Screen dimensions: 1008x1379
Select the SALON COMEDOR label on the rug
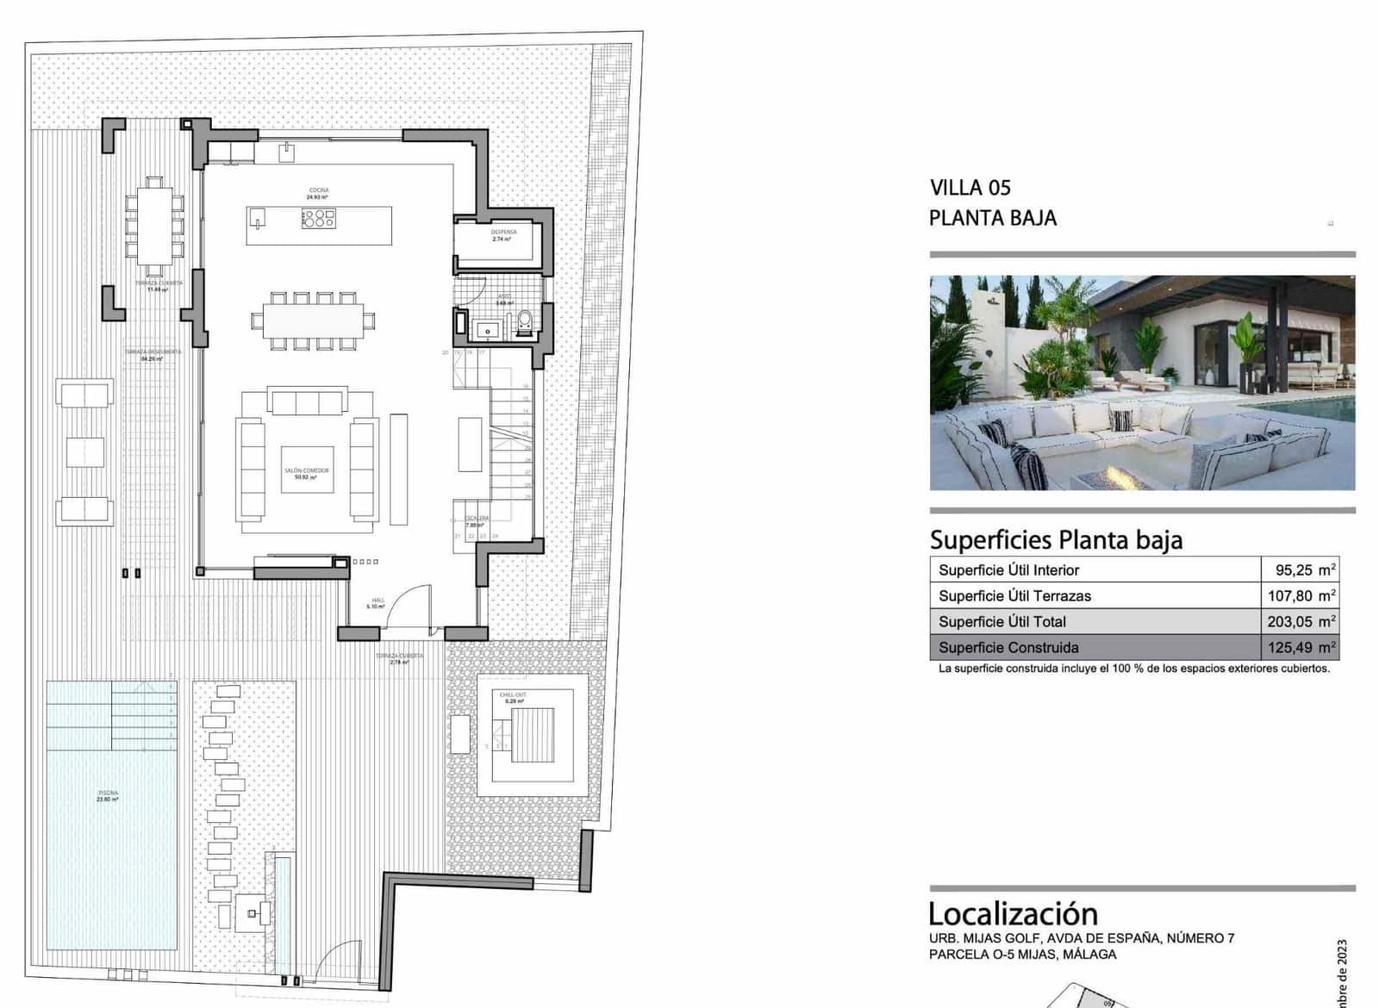click(x=307, y=473)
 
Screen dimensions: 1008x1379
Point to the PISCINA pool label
click(x=108, y=795)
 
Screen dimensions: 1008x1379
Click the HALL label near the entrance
click(x=378, y=602)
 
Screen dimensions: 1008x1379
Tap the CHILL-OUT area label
click(x=513, y=697)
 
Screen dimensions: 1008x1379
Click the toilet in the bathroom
click(x=525, y=323)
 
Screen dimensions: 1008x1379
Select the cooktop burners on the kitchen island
click(x=318, y=219)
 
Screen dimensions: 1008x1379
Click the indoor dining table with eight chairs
click(x=313, y=321)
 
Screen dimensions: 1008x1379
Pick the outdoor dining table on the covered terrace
click(x=154, y=226)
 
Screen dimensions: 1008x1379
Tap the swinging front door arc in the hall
click(x=412, y=603)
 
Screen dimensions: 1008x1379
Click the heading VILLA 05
click(x=970, y=188)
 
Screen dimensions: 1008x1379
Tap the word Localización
click(x=1013, y=913)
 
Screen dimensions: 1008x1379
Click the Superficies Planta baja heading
click(x=1056, y=540)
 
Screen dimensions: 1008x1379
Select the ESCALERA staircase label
click(x=477, y=520)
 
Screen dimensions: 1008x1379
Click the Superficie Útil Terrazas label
click(x=1014, y=595)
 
